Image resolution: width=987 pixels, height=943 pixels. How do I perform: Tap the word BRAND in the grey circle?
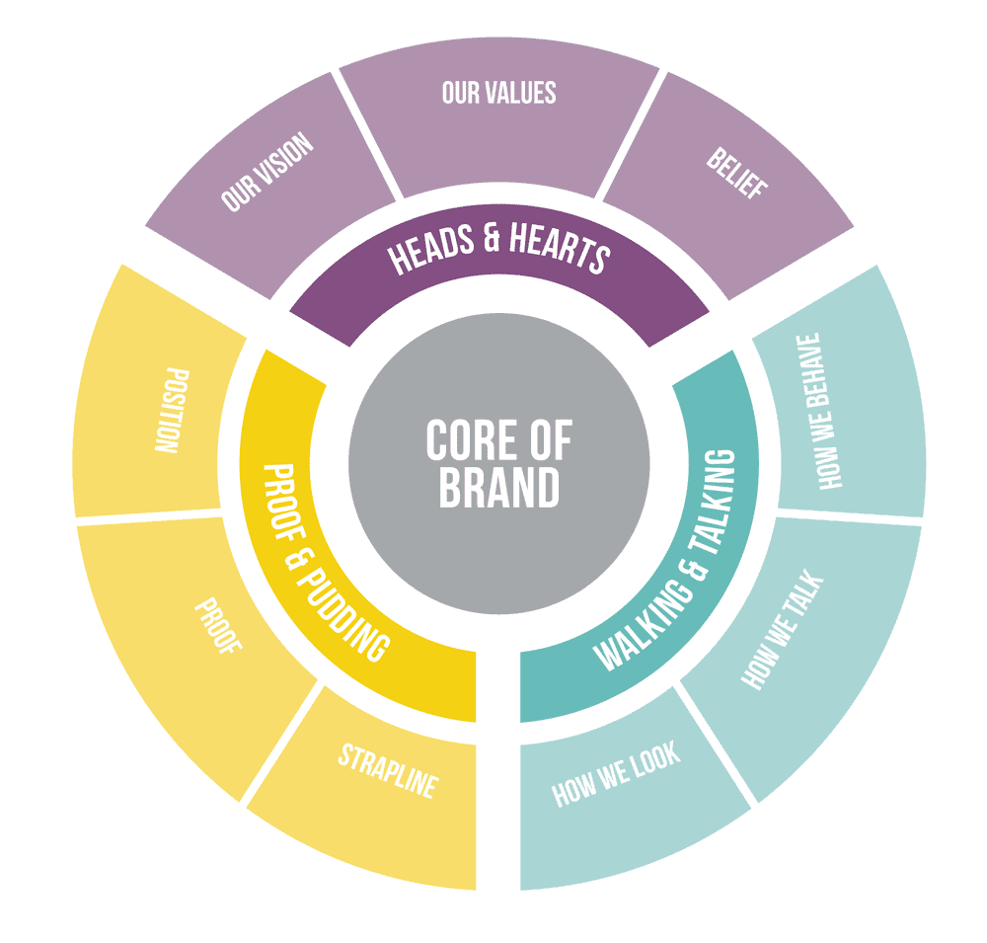[498, 488]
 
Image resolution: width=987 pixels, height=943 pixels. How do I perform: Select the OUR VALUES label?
[498, 93]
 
